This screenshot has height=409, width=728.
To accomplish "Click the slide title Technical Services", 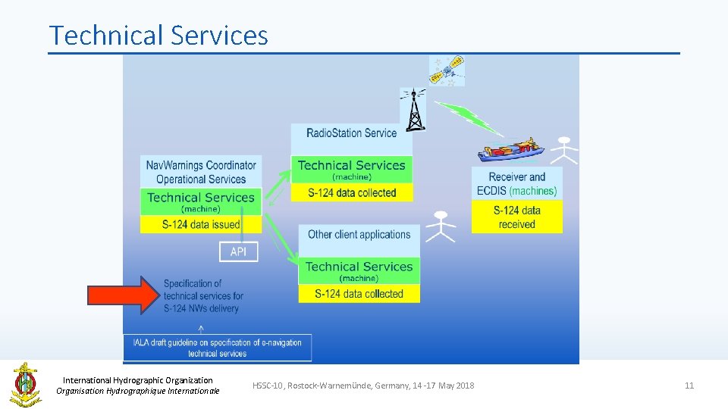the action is (x=158, y=36).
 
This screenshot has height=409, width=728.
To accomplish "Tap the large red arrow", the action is (x=124, y=295).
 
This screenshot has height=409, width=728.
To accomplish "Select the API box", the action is (x=238, y=251).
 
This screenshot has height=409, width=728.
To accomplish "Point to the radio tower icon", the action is (x=413, y=109).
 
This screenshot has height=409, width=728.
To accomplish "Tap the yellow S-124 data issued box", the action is (x=201, y=224).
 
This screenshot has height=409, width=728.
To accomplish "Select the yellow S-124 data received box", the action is (x=516, y=217).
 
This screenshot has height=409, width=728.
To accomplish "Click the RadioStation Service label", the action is (x=351, y=133).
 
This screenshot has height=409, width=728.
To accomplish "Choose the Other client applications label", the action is (x=359, y=235).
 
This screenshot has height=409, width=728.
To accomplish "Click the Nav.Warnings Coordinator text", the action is (x=201, y=164).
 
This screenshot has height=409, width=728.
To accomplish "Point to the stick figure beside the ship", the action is (x=563, y=150).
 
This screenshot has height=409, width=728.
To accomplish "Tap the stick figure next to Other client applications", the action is (x=441, y=226).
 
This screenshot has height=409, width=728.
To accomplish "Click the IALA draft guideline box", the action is (x=217, y=348).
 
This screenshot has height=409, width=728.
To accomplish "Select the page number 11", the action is (x=689, y=386).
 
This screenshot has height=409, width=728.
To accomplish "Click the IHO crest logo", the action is (x=26, y=384).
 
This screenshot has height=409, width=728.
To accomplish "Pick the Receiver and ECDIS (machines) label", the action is (x=516, y=184).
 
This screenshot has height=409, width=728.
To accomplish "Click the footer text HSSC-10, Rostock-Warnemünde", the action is (x=363, y=386).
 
